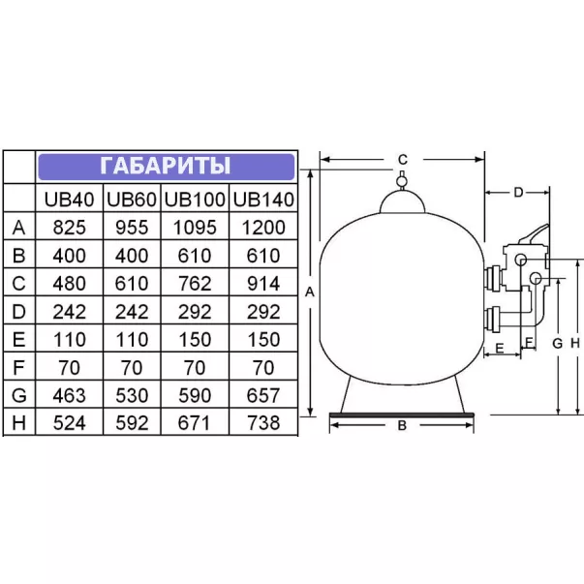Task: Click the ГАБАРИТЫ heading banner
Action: (x=167, y=167)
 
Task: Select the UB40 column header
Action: (x=69, y=200)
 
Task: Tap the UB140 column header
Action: (x=263, y=200)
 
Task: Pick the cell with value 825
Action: (x=70, y=228)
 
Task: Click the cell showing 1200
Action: (x=263, y=228)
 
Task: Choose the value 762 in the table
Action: (x=195, y=284)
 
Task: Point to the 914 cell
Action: (x=263, y=284)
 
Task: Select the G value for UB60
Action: (x=132, y=395)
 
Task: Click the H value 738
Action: (x=263, y=422)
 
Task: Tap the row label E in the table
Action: (x=19, y=339)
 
